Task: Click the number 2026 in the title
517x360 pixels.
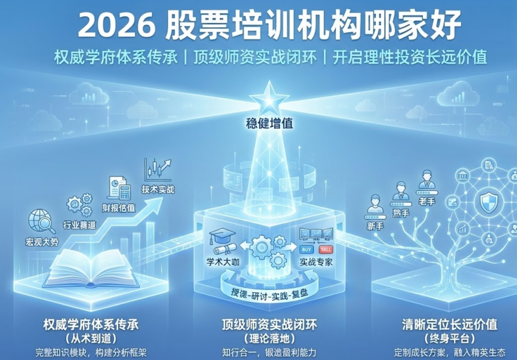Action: pos(117,26)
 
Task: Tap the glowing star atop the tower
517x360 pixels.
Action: pos(269,98)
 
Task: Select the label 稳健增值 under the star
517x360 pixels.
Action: pos(269,123)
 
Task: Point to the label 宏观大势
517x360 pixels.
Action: pos(42,242)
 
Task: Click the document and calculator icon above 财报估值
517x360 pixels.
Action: pos(119,188)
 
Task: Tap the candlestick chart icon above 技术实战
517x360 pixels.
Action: pos(157,169)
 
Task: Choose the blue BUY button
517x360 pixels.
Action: pos(306,250)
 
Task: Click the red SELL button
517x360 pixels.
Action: pos(326,250)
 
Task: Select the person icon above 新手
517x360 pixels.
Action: pos(375,205)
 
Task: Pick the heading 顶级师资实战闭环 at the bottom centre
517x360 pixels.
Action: pos(269,324)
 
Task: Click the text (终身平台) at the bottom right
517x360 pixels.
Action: pos(450,339)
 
